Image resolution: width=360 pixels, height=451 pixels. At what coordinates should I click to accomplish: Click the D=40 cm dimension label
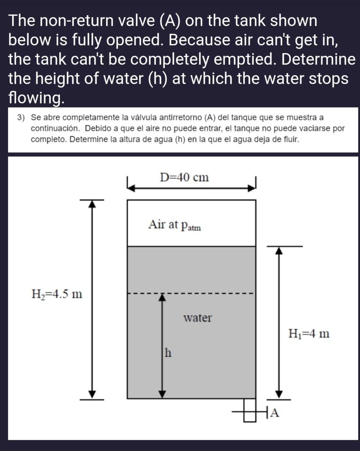pos(184,177)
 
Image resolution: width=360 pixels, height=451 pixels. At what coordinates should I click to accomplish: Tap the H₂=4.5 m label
pos(57,293)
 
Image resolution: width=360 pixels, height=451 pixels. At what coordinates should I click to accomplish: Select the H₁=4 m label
pos(309,334)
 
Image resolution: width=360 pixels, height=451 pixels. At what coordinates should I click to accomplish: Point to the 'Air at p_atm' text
pos(174,225)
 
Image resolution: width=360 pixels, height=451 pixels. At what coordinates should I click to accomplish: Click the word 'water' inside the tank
pos(197,318)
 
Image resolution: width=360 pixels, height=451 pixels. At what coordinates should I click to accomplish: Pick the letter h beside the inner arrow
pos(168,353)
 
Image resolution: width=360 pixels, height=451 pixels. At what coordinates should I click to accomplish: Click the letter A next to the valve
pos(275,413)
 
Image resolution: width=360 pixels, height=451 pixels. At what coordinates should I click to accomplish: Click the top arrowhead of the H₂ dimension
pos(92,203)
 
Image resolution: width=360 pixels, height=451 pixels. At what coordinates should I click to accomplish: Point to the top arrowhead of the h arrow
pos(163,297)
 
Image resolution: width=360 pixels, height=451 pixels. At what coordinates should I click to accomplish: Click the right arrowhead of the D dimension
pos(251,188)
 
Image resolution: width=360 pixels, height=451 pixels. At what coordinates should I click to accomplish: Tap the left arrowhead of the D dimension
pos(132,188)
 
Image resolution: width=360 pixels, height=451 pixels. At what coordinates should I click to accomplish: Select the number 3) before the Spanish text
pos(21,118)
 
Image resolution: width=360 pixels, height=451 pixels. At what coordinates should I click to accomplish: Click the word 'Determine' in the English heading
pos(318,59)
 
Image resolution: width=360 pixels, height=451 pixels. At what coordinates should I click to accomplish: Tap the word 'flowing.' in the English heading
pos(36,98)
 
